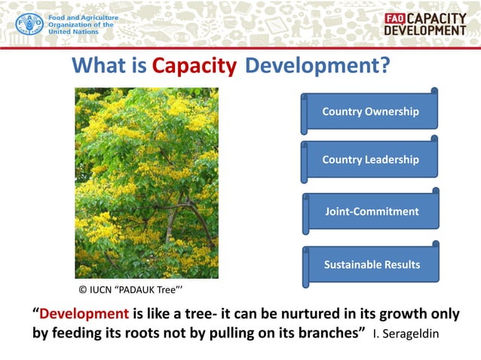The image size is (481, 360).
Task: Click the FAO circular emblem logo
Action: (x=29, y=24)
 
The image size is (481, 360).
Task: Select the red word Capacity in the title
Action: (x=195, y=67)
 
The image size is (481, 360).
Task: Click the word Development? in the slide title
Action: (x=317, y=67)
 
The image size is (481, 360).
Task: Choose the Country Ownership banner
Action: (x=370, y=111)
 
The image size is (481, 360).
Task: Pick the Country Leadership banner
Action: (x=370, y=160)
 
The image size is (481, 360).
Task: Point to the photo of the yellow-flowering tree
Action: (x=146, y=183)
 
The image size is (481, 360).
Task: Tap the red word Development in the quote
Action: (x=84, y=313)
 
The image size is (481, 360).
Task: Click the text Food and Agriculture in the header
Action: (x=83, y=17)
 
